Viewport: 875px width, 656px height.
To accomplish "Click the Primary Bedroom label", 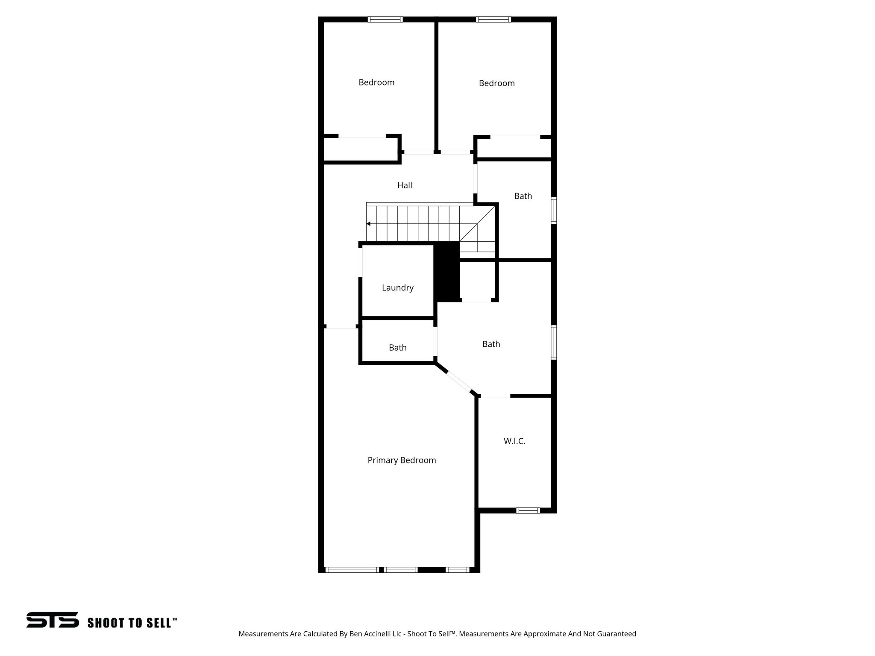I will pos(402,460).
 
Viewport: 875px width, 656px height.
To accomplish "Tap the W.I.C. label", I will pos(514,441).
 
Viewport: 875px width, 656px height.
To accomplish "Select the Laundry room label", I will pos(397,287).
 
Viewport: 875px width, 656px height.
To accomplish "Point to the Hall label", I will pos(405,185).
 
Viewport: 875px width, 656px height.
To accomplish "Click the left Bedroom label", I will pos(376,82).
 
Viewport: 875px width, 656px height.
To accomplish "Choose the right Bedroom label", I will pos(496,83).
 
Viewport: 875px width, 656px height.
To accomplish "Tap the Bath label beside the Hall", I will pos(523,196).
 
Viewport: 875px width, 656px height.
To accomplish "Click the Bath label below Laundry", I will pos(397,348).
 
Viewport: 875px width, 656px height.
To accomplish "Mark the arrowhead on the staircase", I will pos(368,224).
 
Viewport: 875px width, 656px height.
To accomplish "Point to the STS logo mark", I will pos(53,620).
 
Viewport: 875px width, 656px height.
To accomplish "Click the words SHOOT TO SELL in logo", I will pos(132,623).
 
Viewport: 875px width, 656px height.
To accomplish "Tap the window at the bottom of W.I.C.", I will pos(528,510).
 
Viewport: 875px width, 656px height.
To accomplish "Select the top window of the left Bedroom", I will pos(385,19).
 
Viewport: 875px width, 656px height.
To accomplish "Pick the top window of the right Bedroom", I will pos(493,19).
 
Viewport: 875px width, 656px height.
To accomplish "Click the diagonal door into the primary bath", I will pos(458,382).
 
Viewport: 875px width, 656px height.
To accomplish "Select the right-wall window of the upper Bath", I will pos(554,211).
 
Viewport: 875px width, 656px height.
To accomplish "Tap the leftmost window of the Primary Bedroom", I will pos(352,570).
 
